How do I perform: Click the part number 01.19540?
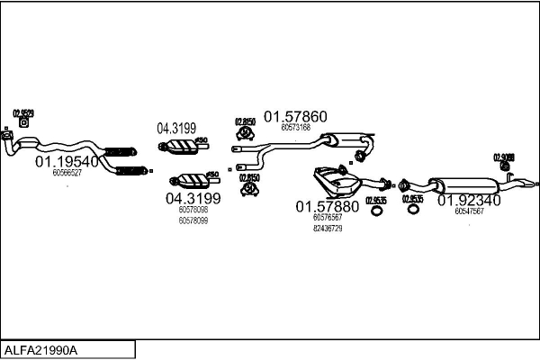click(67, 162)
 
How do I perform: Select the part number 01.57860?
click(294, 116)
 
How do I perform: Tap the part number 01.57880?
click(328, 206)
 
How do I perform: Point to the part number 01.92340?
click(469, 202)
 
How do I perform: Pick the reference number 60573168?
click(295, 128)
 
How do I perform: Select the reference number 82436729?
click(328, 228)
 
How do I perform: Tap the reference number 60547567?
click(469, 212)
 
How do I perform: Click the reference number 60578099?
click(193, 220)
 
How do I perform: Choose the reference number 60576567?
click(328, 217)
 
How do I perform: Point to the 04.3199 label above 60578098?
click(193, 198)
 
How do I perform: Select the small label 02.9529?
click(23, 113)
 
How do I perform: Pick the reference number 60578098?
click(193, 210)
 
